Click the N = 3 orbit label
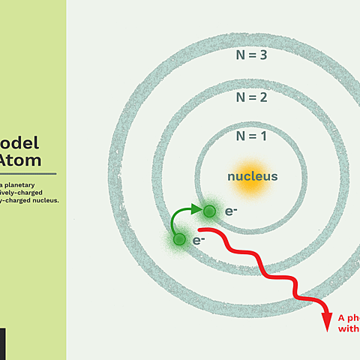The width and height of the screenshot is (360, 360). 252,55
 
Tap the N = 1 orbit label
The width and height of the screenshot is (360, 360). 252,136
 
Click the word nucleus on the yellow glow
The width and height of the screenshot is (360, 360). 253,177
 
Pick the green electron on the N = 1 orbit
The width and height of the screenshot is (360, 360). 209,211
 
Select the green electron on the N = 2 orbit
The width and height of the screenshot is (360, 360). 179,240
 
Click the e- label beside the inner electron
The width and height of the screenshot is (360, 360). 231,211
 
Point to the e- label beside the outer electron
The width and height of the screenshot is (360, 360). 199,241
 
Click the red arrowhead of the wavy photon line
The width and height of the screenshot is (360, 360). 326,322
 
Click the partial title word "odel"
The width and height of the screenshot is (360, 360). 20,144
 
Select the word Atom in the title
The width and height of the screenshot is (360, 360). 21,160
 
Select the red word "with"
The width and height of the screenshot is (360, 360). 349,328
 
